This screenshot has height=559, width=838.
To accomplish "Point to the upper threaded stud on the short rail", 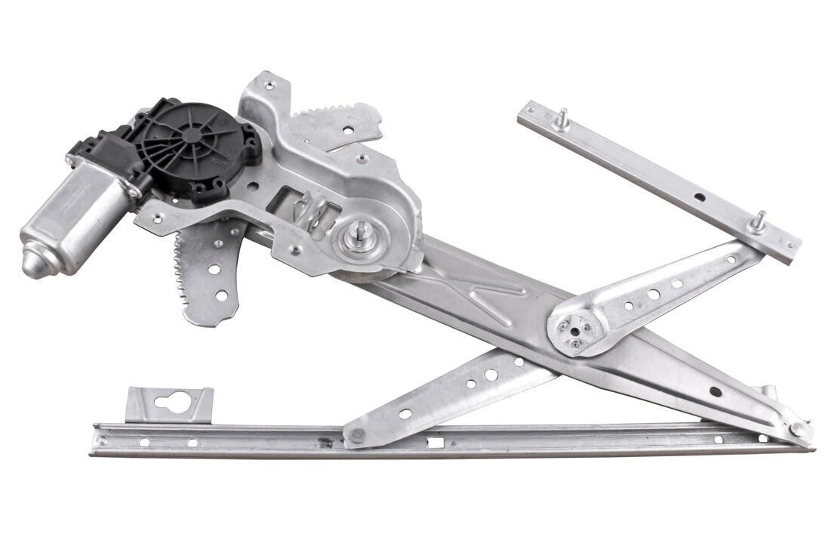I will click(561, 119).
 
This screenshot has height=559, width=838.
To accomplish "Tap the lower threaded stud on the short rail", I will click(758, 222).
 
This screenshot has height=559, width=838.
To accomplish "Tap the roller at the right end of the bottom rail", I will click(796, 429).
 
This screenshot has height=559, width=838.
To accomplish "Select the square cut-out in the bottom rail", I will click(436, 442).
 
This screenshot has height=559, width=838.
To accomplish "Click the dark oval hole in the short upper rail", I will click(700, 197).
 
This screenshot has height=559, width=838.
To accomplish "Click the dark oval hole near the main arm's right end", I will click(715, 391).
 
